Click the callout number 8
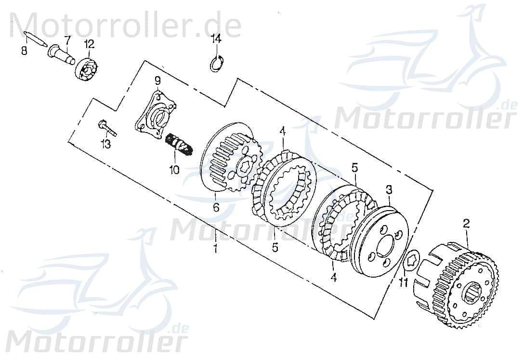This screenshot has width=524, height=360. [x=24, y=50]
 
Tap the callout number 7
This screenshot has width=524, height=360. [x=67, y=39]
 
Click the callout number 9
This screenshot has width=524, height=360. [x=157, y=80]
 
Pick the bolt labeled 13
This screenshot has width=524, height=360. [x=108, y=128]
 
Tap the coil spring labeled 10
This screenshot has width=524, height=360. [x=180, y=144]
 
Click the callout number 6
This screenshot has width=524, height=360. [x=216, y=208]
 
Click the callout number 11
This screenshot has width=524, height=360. [x=404, y=281]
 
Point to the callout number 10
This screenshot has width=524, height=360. [x=174, y=170]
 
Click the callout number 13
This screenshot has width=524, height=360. [x=105, y=144]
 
